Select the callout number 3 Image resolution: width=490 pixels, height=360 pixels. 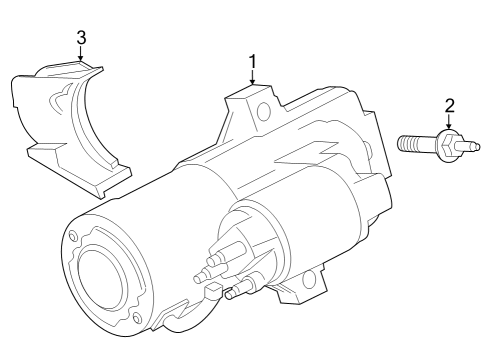click(81, 37)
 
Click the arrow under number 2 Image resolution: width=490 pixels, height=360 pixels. click(449, 123)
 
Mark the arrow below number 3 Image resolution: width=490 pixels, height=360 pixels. click(81, 54)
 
